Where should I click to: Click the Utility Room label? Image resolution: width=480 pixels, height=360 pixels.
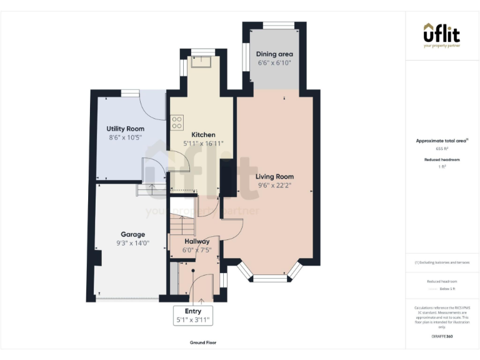(x=125, y=129)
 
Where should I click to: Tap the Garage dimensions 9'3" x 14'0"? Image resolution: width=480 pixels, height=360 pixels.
(x=132, y=244)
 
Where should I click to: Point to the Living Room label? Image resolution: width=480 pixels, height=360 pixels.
(x=275, y=177)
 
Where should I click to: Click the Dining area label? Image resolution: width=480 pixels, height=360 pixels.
(x=275, y=54)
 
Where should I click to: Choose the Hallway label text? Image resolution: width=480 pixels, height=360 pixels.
(x=196, y=241)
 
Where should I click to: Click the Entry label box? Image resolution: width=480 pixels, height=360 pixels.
(x=193, y=315)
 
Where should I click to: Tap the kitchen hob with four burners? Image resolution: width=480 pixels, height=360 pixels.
(x=177, y=121)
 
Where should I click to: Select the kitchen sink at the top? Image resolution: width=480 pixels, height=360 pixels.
(x=202, y=61)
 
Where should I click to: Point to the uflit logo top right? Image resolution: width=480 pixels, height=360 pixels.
(x=442, y=34)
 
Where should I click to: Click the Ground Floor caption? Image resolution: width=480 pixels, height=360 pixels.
(x=203, y=342)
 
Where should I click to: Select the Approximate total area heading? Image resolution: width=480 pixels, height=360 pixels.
(x=442, y=141)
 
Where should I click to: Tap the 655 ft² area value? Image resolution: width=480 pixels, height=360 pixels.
(x=442, y=149)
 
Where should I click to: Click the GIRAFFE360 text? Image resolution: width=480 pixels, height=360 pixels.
(x=442, y=336)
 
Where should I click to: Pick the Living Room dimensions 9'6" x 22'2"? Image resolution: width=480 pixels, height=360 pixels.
(x=275, y=185)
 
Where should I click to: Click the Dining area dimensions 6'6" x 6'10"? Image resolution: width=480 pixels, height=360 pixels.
(x=275, y=63)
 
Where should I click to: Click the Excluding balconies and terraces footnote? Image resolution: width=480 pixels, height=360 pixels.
(x=442, y=262)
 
